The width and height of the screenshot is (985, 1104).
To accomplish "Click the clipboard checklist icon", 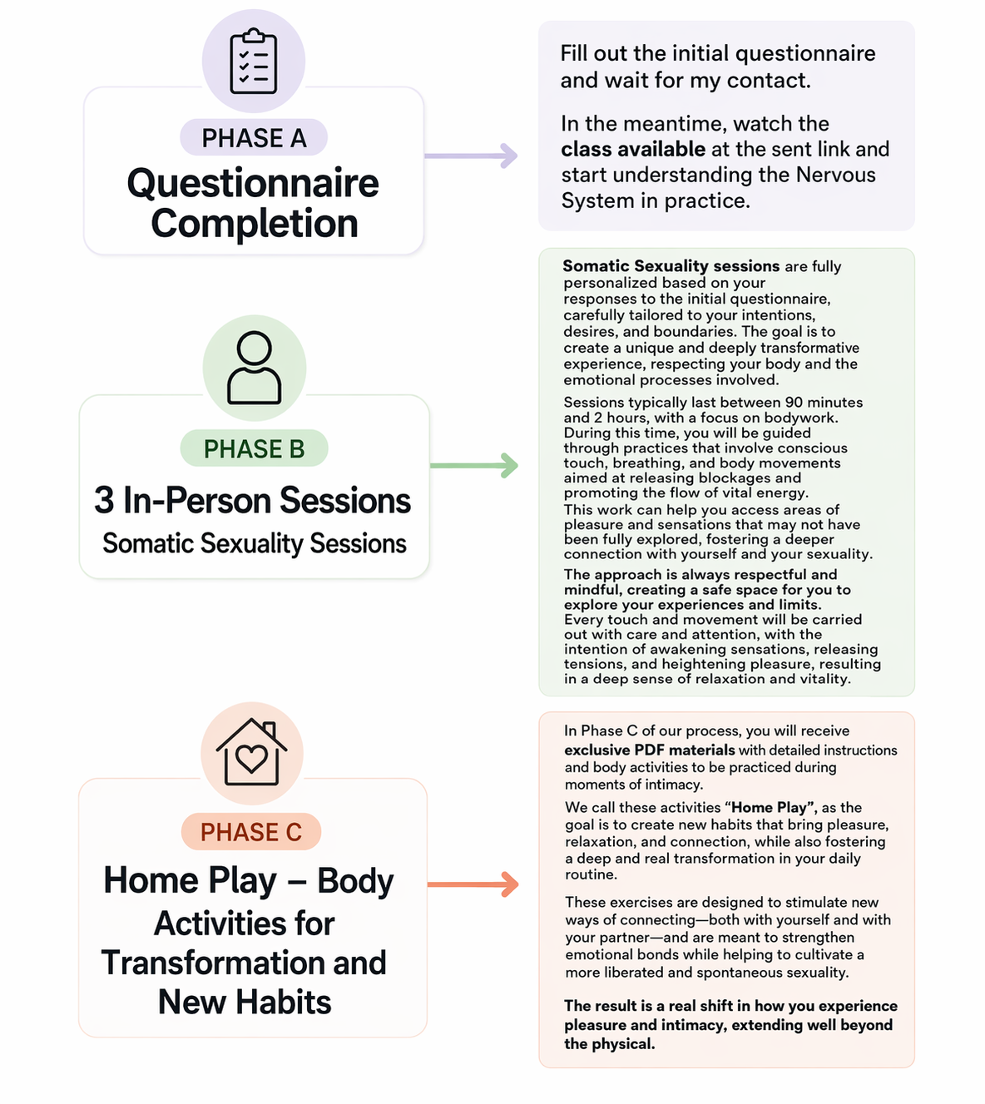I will point(254,61).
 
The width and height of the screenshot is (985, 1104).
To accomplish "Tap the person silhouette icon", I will point(254,367).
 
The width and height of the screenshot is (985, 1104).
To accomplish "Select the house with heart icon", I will point(252,752).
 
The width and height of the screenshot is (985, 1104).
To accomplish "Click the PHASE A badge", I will point(254,137).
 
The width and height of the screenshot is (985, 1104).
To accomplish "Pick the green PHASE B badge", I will point(254,449).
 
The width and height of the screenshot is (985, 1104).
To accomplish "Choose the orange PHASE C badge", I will point(250,831).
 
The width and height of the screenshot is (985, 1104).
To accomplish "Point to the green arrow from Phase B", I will point(474,465).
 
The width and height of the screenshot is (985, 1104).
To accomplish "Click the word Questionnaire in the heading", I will point(253,184).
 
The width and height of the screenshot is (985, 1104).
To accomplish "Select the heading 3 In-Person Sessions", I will point(252,501).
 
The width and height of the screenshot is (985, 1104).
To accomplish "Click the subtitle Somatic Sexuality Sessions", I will point(254,543).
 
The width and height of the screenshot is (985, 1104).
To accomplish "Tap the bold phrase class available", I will point(633,149).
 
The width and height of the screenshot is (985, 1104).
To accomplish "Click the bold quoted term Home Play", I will point(769,807).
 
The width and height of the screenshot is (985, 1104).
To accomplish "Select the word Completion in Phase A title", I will point(255,224).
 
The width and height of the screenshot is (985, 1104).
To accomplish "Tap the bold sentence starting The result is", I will point(730,1024).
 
